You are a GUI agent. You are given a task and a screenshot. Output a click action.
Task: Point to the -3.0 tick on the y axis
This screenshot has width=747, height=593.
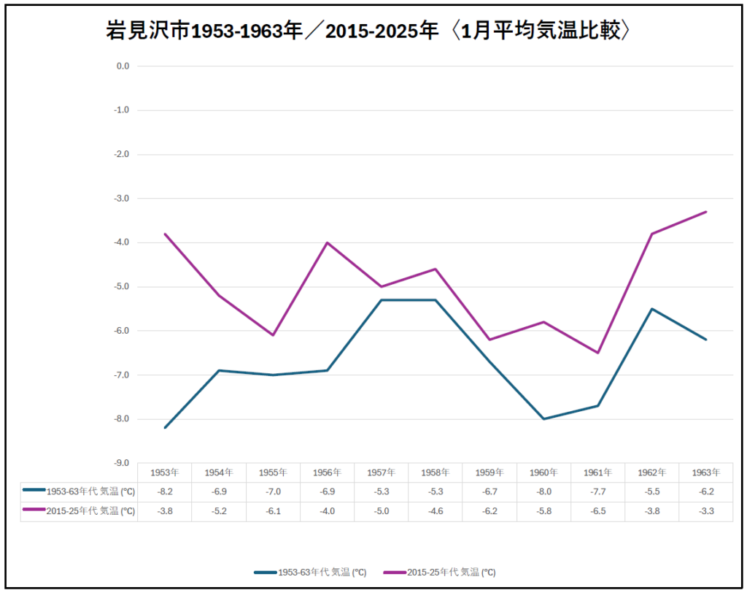tap(122, 199)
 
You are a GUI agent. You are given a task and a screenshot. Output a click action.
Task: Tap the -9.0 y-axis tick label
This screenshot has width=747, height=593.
tap(122, 463)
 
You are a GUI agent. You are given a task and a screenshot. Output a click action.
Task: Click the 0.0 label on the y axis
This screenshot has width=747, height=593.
tap(122, 66)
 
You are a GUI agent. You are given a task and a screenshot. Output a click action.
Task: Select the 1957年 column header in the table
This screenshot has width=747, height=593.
tap(382, 473)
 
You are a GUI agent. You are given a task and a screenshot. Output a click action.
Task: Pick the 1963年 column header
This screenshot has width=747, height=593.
tap(706, 473)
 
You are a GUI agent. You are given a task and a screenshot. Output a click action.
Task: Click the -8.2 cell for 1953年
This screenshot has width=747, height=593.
tap(166, 491)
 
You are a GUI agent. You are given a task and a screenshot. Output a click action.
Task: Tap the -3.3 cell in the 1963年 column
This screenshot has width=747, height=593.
tap(706, 511)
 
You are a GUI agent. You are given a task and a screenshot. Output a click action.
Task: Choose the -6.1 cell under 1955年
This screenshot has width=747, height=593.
tap(274, 511)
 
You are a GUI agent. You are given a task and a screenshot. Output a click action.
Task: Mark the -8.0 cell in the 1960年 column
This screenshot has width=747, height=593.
tap(544, 491)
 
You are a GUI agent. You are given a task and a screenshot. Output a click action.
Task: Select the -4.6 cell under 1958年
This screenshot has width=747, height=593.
tap(436, 511)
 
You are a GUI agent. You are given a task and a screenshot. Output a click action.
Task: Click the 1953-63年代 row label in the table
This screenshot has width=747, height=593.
tap(80, 491)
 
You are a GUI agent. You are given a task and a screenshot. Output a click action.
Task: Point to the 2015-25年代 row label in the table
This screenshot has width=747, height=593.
tap(80, 511)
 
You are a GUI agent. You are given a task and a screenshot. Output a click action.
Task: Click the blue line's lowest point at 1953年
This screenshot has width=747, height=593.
tap(166, 428)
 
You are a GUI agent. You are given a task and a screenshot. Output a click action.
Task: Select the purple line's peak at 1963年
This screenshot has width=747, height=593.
tap(706, 212)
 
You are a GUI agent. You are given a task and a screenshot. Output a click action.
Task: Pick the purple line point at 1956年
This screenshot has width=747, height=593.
tap(328, 242)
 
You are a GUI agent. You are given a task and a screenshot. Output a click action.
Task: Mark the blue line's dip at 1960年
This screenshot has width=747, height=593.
tap(544, 419)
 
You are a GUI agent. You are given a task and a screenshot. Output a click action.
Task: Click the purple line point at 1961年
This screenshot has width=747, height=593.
tap(598, 353)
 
